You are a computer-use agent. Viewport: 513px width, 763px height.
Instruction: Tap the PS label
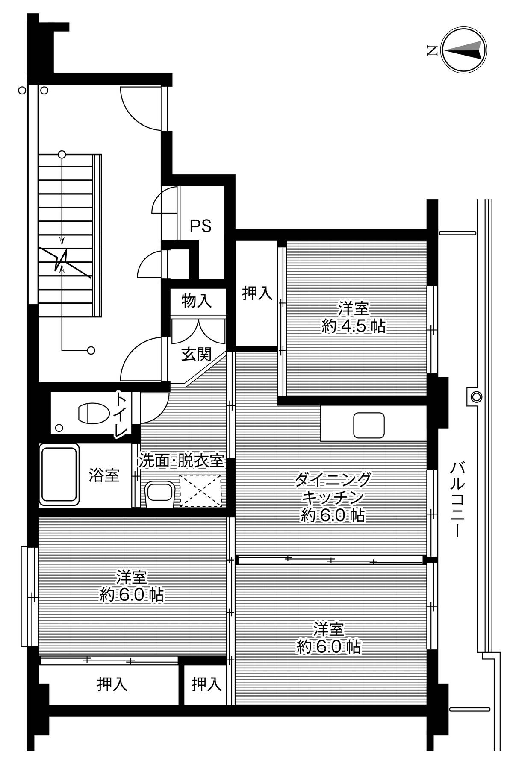(x=200, y=226)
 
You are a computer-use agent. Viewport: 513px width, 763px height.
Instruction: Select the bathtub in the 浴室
(x=60, y=475)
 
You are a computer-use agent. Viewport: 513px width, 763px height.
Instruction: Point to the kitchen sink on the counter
(x=369, y=425)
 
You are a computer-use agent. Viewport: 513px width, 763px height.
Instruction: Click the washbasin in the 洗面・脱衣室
(x=160, y=494)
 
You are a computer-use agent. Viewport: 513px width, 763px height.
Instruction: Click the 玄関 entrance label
(x=196, y=354)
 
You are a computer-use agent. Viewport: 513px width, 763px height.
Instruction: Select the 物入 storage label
(x=196, y=301)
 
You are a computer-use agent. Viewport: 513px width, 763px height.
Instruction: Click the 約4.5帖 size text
(x=354, y=326)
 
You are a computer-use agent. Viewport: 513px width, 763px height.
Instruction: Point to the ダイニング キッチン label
(x=333, y=489)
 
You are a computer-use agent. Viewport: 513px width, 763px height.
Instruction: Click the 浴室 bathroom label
(x=103, y=475)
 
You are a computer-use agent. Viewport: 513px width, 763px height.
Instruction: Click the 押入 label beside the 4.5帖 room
(x=257, y=293)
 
